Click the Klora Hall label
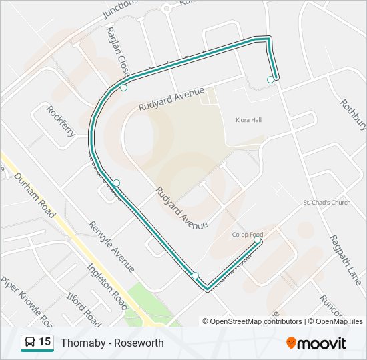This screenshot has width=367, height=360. [x=248, y=120]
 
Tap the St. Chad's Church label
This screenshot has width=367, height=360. [x=326, y=202]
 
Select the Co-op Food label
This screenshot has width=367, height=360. [x=248, y=235]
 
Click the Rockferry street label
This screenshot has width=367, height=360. [x=61, y=121]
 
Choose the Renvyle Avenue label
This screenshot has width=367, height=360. [x=111, y=247]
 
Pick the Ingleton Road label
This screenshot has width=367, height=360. [x=107, y=286]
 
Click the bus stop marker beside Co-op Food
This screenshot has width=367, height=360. [x=258, y=240]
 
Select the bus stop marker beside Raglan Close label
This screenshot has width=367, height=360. [x=123, y=87]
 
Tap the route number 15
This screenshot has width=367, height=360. [x=45, y=342]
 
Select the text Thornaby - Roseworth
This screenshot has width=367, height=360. [x=112, y=343]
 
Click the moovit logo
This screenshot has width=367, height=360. [x=316, y=343]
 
